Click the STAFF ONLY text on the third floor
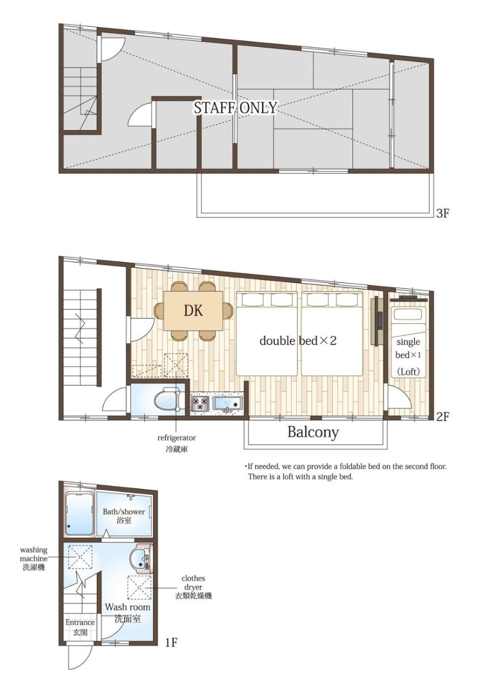coord(235,108)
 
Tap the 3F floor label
coord(443,213)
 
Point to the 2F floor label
coord(443,416)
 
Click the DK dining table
coord(193,311)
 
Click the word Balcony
coord(313,432)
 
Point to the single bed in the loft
coord(409,342)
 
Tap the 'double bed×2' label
coord(298,341)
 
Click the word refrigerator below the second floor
coord(176,438)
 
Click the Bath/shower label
coord(124,511)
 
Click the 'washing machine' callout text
coord(34,554)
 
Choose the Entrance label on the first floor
coord(80,622)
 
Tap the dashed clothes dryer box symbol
coord(140,588)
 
